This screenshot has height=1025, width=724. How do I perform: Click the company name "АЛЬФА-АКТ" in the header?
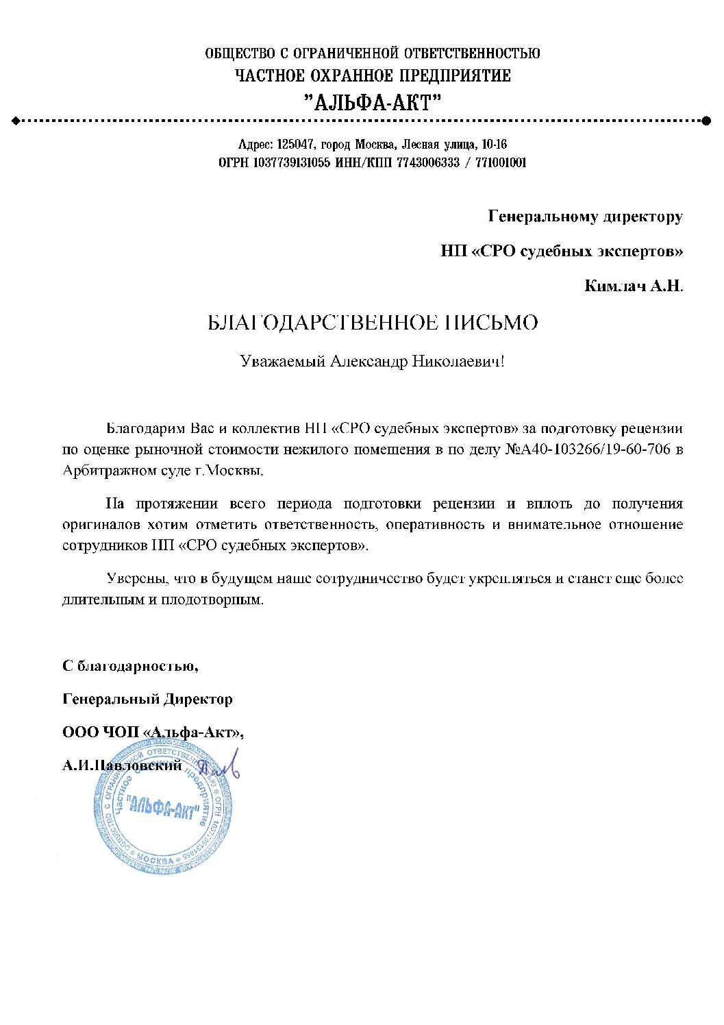[373, 103]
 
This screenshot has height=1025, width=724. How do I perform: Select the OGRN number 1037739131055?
[292, 163]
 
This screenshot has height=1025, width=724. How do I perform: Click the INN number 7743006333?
[428, 163]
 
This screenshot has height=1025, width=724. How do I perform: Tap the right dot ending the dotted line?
[706, 121]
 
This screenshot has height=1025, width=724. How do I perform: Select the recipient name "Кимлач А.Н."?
[634, 286]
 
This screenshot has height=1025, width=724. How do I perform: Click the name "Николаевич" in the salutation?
[458, 361]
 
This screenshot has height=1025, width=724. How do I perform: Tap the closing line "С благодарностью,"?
[130, 666]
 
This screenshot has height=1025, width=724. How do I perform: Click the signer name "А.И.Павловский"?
[122, 765]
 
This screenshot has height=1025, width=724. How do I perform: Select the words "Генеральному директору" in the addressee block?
[585, 217]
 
